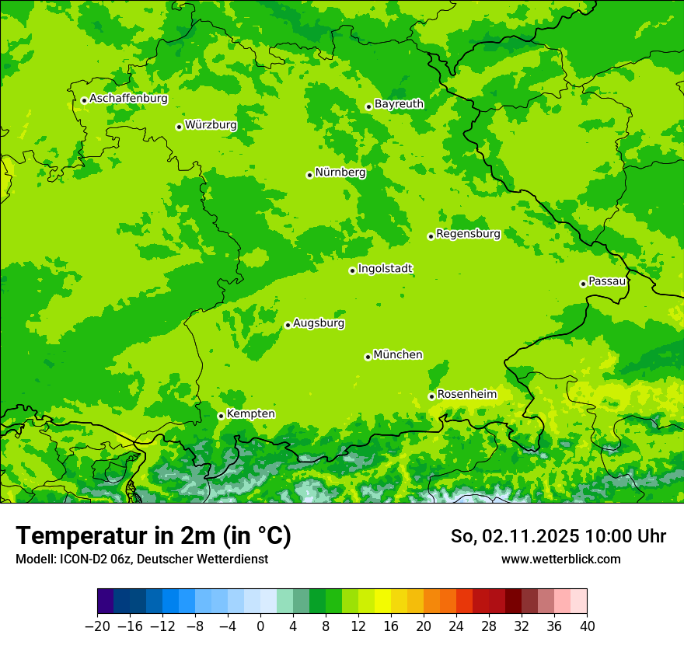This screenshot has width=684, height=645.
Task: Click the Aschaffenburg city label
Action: [x=128, y=99]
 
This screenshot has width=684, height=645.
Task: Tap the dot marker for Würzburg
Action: [x=179, y=127]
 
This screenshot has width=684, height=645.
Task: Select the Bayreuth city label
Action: [x=400, y=104]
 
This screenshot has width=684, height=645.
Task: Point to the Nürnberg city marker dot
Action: [x=309, y=175]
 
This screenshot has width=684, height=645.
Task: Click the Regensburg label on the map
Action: [x=468, y=234]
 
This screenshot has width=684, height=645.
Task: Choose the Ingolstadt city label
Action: [x=385, y=269]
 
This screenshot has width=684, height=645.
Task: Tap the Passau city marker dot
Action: [x=583, y=284]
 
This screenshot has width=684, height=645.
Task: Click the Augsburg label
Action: [x=319, y=323]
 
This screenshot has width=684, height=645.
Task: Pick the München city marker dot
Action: [x=368, y=357]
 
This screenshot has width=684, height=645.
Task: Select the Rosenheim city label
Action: [x=466, y=394]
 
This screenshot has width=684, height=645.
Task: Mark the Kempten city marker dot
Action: [x=221, y=416]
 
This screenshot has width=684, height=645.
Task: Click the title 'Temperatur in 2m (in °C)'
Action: [x=153, y=536]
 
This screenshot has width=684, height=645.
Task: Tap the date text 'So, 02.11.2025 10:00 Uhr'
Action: [x=558, y=536]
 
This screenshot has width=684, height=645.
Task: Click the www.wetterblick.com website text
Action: [x=560, y=559]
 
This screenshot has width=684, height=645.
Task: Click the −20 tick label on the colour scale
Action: [x=97, y=626]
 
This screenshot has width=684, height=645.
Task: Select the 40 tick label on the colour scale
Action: [x=587, y=626]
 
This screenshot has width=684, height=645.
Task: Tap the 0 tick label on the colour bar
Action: [x=260, y=626]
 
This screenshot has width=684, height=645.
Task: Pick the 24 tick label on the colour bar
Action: [x=456, y=626]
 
